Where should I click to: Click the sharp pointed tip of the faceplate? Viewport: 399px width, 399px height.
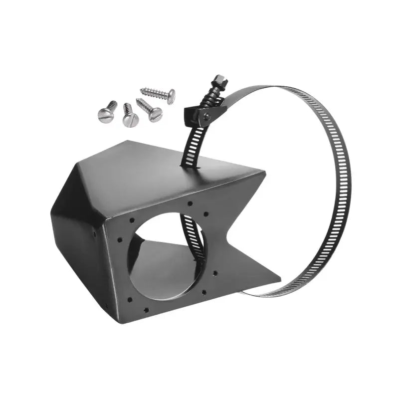click(x=280, y=274)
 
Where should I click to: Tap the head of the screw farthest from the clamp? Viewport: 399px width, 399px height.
click(x=105, y=116)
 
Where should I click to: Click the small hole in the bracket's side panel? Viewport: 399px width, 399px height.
click(x=94, y=232)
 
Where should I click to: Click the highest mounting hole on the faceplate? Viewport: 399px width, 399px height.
click(x=190, y=203)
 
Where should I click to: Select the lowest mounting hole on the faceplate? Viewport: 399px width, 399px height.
click(x=146, y=310)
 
